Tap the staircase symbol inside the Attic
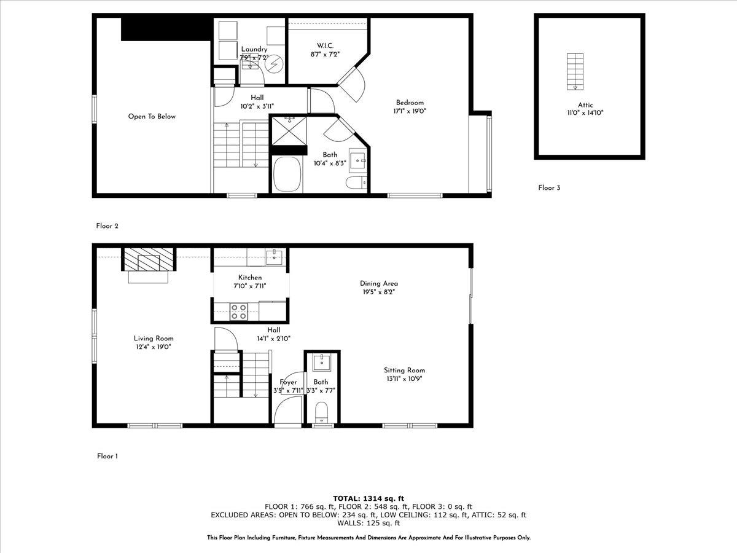coord(575,71)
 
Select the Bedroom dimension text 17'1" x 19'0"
coord(410,111)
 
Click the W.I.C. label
coord(325,45)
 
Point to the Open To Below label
coord(152,116)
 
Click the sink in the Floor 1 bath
coord(321,363)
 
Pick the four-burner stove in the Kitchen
coord(238,312)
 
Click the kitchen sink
coord(275,257)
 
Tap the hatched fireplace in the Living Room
coord(148,260)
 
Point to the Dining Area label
coord(379,283)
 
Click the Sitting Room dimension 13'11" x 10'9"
coord(404,378)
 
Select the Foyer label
coord(288,382)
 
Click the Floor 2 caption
coord(107,226)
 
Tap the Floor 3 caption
coord(549,188)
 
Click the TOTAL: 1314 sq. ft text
coord(368,498)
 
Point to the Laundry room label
coord(254,49)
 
